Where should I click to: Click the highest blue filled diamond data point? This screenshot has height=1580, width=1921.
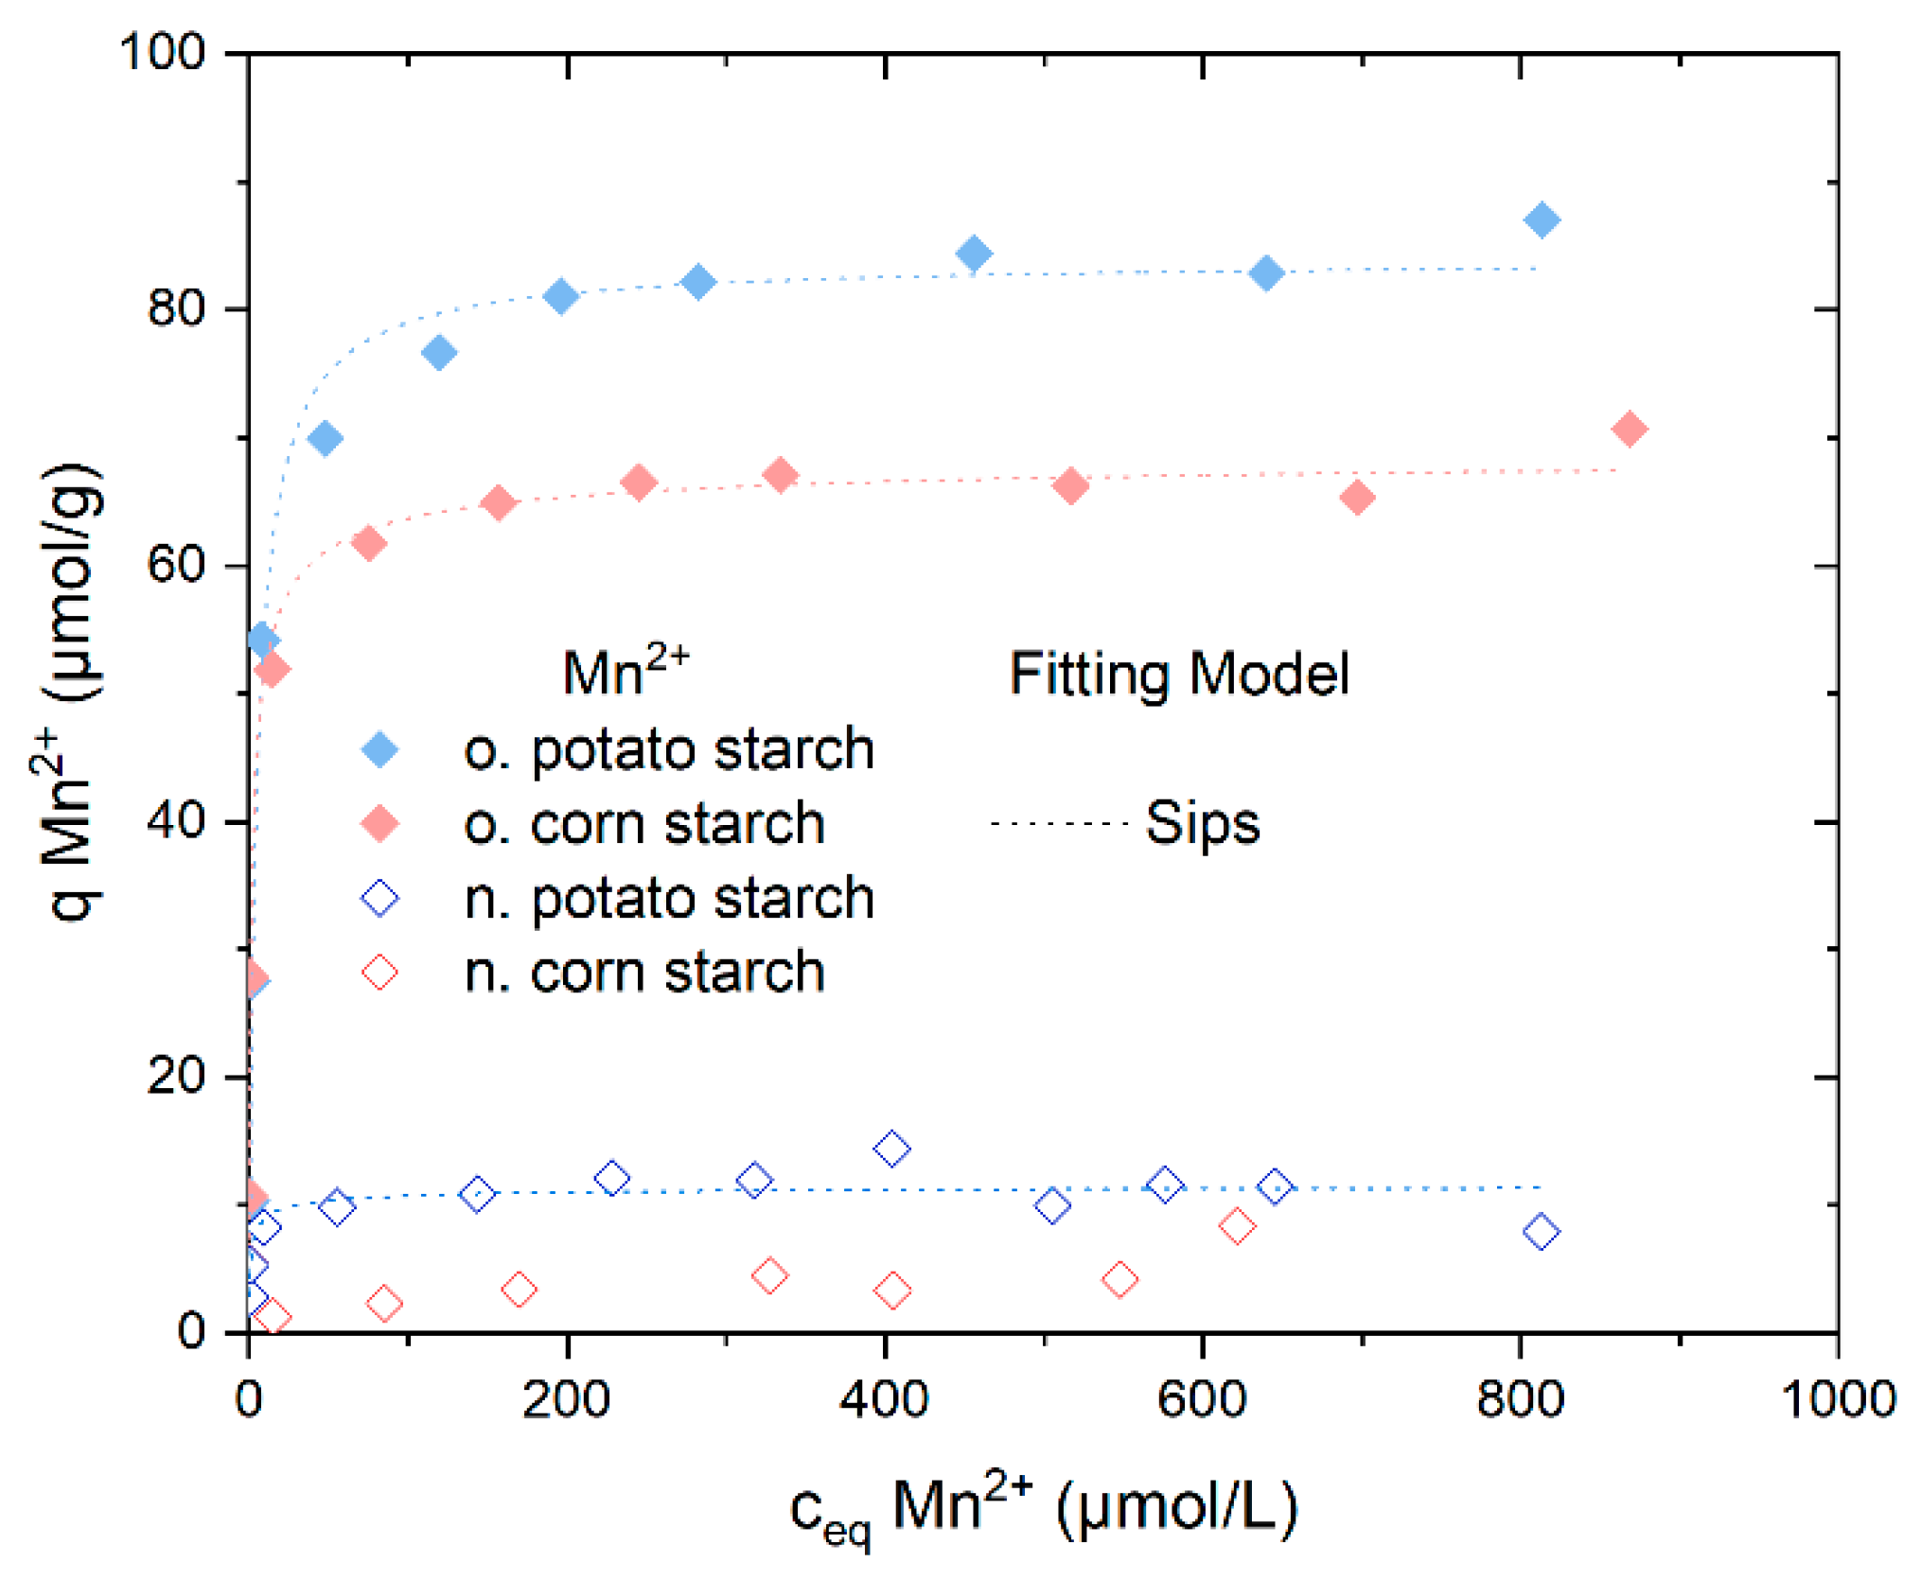(x=1542, y=220)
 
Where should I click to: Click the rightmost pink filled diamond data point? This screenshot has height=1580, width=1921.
(x=1629, y=429)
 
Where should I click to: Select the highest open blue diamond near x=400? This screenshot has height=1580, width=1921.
(x=891, y=1149)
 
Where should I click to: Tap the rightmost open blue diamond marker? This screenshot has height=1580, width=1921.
(x=1542, y=1232)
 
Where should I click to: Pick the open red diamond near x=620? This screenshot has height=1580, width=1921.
(x=1237, y=1226)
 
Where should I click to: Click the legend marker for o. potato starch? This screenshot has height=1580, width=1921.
(x=380, y=749)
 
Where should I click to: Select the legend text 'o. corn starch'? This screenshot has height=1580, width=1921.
(x=644, y=824)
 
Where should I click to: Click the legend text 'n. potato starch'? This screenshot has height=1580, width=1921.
(x=669, y=898)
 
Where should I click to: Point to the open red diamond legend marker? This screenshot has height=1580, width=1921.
(x=380, y=972)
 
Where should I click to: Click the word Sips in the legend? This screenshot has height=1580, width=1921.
(x=1203, y=822)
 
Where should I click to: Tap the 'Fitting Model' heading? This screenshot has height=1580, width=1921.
(x=1179, y=674)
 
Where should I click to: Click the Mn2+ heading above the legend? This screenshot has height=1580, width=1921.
(x=626, y=672)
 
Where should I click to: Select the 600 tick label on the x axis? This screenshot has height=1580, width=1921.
(x=1202, y=1398)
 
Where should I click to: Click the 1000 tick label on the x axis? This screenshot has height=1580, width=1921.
(x=1838, y=1398)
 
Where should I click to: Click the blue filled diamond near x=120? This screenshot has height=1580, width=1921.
(x=439, y=353)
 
